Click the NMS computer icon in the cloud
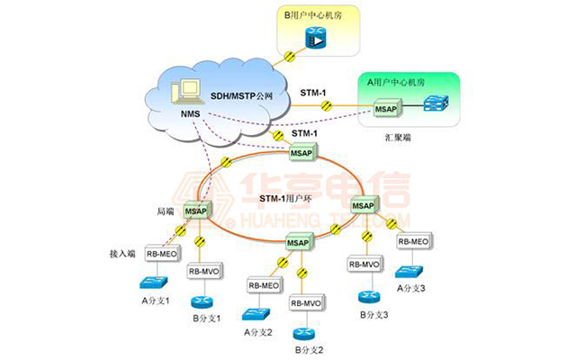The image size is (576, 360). pyautogui.click(x=189, y=91)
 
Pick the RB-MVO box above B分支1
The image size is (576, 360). pyautogui.click(x=205, y=271)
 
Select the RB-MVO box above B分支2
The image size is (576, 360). pyautogui.click(x=305, y=303)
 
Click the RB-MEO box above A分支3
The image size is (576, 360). pyautogui.click(x=413, y=241)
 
